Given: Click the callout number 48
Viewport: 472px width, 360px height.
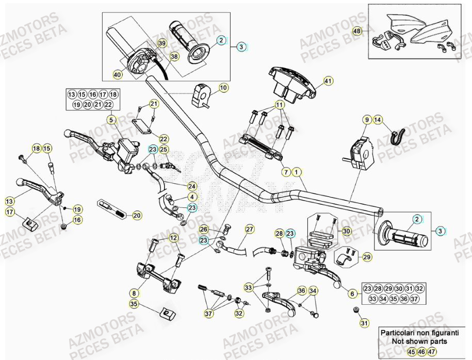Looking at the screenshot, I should click(x=357, y=31).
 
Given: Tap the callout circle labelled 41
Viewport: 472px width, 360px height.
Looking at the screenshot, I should click(x=329, y=80).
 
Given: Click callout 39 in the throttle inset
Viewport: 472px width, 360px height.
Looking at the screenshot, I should click(x=162, y=44).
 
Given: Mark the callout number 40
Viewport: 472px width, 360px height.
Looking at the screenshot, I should click(x=118, y=75).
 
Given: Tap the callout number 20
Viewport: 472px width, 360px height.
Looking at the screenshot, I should click(x=137, y=215).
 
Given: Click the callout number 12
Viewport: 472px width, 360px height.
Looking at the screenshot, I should click(x=173, y=238).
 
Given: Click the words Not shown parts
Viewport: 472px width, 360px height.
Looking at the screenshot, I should click(x=419, y=341).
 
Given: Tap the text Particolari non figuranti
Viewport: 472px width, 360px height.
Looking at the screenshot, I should click(x=419, y=333).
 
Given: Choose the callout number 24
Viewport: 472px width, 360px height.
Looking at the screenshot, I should click(x=192, y=186).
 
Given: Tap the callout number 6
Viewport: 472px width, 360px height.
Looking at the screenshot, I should click(x=353, y=293).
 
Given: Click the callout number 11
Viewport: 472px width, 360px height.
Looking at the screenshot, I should click(x=279, y=105).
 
